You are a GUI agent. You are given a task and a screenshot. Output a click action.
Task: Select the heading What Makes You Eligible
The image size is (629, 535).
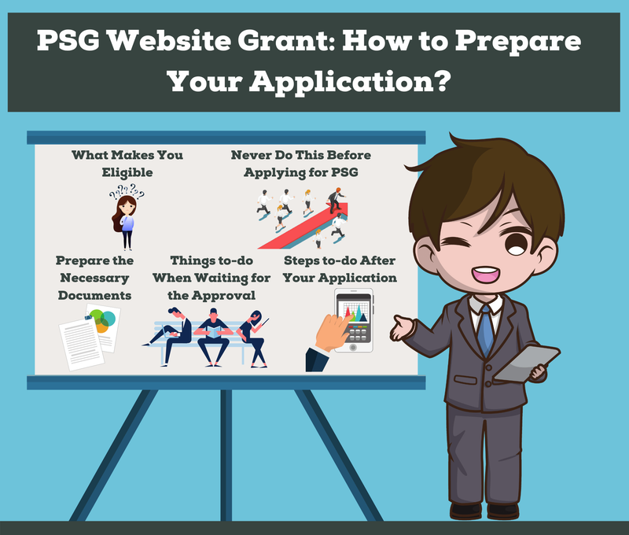127,163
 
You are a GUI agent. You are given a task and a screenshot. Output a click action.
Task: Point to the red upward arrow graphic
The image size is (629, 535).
298,220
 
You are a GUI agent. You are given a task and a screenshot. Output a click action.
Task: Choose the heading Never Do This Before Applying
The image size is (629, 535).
300,163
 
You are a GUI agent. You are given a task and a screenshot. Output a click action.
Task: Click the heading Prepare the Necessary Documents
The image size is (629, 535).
94,278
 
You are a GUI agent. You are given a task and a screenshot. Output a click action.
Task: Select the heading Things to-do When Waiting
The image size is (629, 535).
211,278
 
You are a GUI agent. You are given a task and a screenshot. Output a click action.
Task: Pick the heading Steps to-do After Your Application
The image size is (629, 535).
340,269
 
